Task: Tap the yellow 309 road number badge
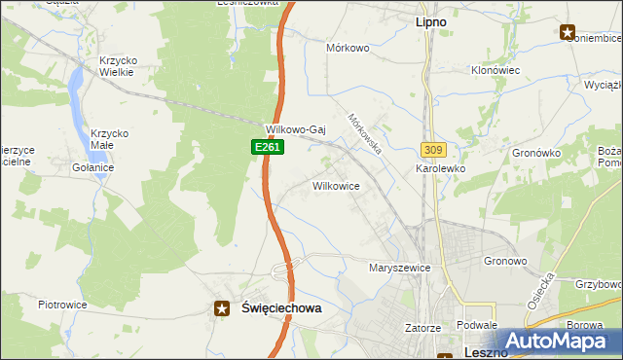coord(433,150)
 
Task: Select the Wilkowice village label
coord(336,185)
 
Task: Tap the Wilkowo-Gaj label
coord(295,128)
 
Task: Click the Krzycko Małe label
coord(110,140)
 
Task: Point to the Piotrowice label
coord(62,305)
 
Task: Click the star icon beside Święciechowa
coord(222,307)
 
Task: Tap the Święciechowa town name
coord(280,307)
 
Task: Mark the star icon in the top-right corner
coord(567,32)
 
